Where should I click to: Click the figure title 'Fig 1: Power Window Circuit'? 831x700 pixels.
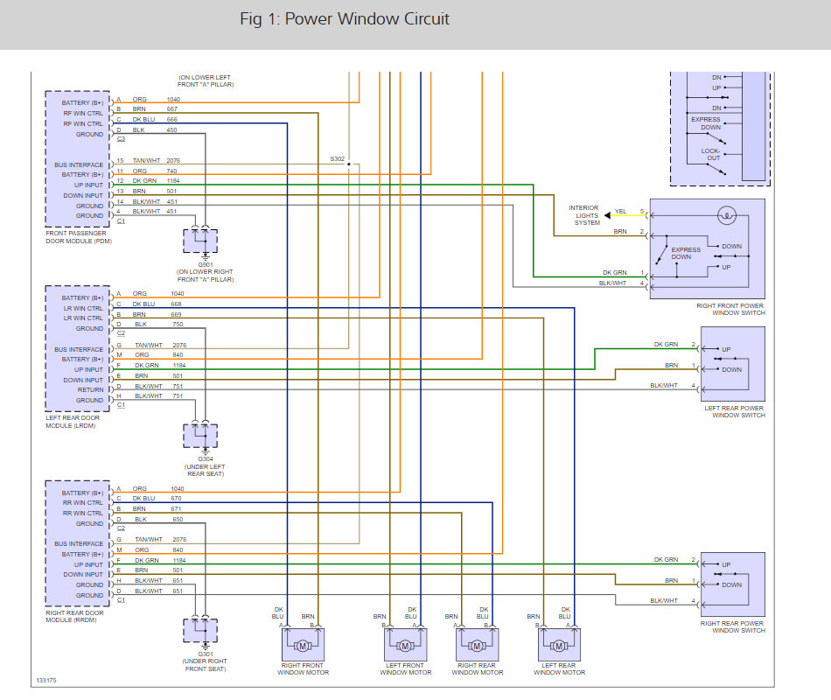[x=345, y=18]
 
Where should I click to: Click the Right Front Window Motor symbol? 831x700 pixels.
[x=303, y=646]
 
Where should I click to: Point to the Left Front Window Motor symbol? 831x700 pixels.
[x=404, y=646]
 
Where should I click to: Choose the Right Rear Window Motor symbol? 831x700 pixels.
[x=478, y=646]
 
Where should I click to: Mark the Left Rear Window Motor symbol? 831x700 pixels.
[x=558, y=646]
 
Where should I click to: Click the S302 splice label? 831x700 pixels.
[x=338, y=158]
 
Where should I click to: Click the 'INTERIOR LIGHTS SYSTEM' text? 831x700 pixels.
[x=584, y=215]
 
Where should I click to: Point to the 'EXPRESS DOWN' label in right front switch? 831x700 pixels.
[x=687, y=253]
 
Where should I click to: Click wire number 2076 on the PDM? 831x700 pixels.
[x=172, y=160]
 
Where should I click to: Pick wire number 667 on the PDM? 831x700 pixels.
[x=172, y=109]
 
